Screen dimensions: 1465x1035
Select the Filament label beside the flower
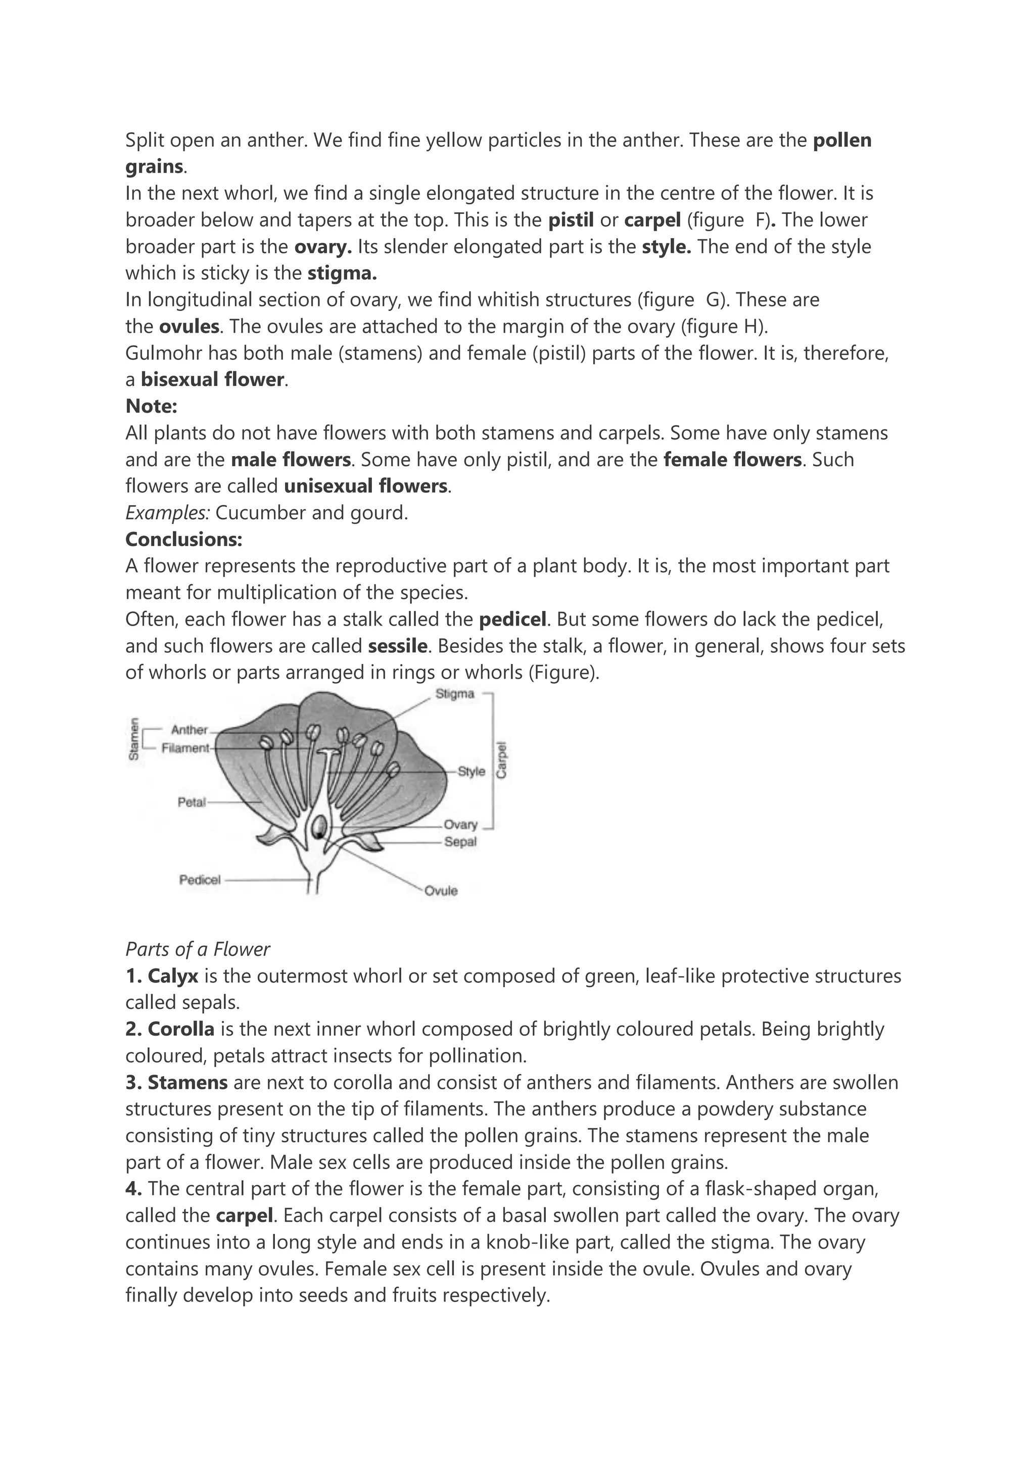[x=185, y=748]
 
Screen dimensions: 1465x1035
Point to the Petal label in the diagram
[x=192, y=802]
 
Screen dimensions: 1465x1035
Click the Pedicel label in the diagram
[x=200, y=880]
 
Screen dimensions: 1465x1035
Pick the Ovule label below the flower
[x=441, y=890]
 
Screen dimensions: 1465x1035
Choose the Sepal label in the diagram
[x=460, y=841]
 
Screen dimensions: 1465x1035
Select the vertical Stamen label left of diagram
[x=134, y=739]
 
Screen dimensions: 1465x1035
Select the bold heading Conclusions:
[x=183, y=539]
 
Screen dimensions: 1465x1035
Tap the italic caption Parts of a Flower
[x=198, y=949]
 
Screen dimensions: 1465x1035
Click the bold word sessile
[x=397, y=646]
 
